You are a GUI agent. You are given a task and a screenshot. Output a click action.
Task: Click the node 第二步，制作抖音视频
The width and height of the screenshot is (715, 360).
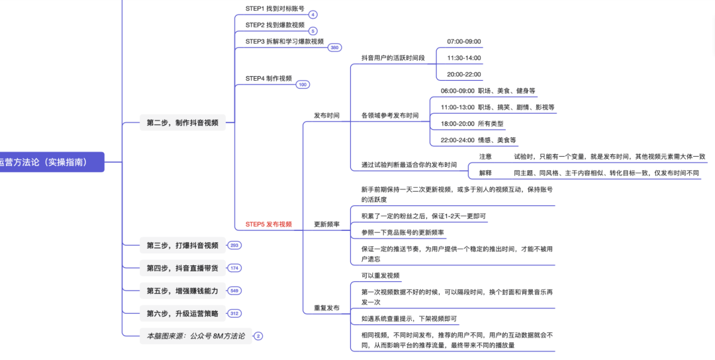(x=182, y=122)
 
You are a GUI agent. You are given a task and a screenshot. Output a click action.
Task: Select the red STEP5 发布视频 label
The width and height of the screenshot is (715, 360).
(x=268, y=224)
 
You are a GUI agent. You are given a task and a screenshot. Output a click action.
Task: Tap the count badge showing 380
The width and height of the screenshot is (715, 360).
(x=335, y=48)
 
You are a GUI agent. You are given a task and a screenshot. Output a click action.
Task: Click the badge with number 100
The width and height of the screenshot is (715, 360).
(x=303, y=85)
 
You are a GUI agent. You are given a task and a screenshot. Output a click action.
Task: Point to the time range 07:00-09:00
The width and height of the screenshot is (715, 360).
(x=463, y=42)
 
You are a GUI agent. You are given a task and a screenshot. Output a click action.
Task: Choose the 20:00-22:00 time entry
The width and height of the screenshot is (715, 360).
(x=463, y=75)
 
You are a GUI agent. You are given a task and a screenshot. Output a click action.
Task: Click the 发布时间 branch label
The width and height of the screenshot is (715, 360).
(x=326, y=115)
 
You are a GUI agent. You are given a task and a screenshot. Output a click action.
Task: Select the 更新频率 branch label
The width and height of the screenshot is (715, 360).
(x=326, y=224)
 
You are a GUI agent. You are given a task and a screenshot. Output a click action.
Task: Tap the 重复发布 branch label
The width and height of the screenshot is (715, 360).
(x=326, y=308)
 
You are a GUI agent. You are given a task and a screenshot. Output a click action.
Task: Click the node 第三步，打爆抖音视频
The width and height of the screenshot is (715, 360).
(x=182, y=246)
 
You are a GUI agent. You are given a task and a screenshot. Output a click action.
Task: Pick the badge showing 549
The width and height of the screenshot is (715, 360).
(x=234, y=291)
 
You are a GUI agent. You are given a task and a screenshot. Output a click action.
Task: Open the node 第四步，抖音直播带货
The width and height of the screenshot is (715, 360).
(x=182, y=268)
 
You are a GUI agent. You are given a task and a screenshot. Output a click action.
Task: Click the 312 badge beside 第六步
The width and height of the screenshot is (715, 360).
(x=234, y=314)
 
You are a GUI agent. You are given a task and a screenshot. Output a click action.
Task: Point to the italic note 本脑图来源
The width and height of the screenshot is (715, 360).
(x=195, y=336)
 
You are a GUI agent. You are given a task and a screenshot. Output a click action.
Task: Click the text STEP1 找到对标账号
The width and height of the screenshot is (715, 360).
(x=275, y=9)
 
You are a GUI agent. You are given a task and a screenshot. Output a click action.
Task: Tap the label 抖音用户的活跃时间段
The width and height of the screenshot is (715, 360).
(x=393, y=58)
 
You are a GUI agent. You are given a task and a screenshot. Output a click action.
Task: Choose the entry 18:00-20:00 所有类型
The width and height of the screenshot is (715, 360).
(x=472, y=124)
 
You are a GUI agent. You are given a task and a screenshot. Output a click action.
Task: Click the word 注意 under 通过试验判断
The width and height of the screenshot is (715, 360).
(x=485, y=157)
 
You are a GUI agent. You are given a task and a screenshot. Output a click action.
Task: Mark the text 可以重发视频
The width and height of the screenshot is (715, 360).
(x=380, y=275)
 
